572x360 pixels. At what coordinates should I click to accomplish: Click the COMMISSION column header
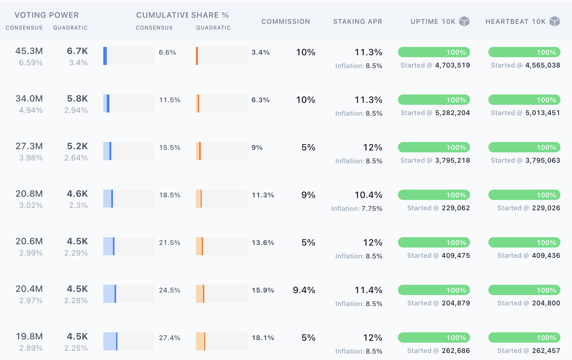[x=285, y=22]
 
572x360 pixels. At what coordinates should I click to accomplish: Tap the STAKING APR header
[x=357, y=22]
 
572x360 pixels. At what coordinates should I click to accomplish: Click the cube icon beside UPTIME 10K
[x=464, y=22]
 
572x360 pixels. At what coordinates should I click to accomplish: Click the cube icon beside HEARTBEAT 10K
[x=554, y=22]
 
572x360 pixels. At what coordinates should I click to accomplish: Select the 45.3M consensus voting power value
[x=29, y=51]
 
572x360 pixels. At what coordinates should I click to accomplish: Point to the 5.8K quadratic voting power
[x=77, y=99]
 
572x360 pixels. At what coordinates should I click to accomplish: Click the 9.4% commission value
[x=304, y=290]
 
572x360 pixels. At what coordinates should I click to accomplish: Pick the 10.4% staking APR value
[x=368, y=195]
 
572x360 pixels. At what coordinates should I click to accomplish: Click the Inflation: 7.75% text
[x=356, y=209]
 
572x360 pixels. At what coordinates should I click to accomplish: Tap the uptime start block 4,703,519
[x=452, y=65]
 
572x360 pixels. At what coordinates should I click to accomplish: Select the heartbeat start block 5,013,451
[x=542, y=113]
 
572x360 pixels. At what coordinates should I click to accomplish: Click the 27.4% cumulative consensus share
[x=170, y=338]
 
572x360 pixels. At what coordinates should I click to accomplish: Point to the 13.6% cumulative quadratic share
[x=263, y=243]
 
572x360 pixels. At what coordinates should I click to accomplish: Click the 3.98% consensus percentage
[x=31, y=158]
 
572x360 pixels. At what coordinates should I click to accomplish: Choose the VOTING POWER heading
[x=47, y=15]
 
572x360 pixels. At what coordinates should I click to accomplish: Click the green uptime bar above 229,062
[x=434, y=195]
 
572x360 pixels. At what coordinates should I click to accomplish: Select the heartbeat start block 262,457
[x=546, y=351]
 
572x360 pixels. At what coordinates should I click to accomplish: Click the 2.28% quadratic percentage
[x=76, y=301]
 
